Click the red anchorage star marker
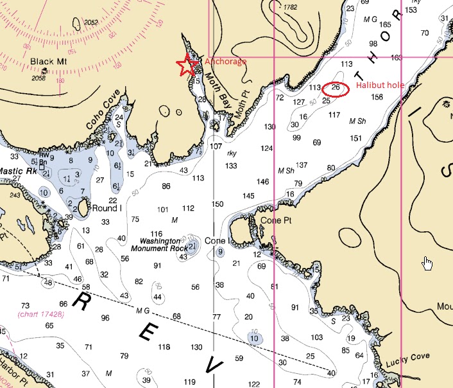(x=187, y=66)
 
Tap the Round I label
(x=107, y=209)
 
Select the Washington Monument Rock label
(x=156, y=244)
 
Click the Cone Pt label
(x=277, y=220)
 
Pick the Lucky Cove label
(x=407, y=364)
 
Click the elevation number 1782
(x=290, y=7)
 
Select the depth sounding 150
(x=218, y=204)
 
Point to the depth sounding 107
(x=216, y=146)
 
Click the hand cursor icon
(x=428, y=263)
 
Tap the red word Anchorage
(x=225, y=62)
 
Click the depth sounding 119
(x=190, y=382)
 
